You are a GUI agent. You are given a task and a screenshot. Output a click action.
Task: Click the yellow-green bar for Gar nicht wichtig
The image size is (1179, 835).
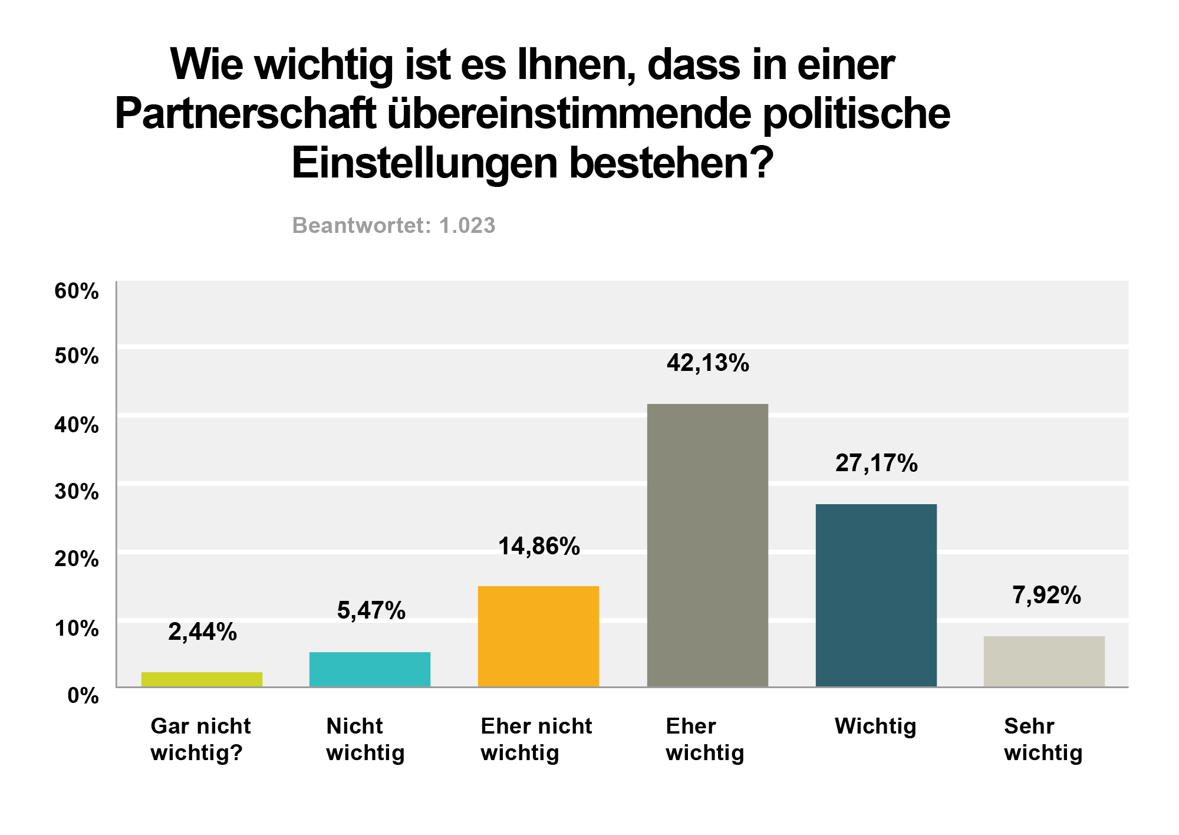(202, 679)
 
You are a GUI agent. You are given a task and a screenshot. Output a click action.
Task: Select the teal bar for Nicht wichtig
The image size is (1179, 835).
(370, 669)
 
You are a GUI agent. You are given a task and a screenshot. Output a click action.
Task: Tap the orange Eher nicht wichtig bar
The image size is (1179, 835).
(538, 636)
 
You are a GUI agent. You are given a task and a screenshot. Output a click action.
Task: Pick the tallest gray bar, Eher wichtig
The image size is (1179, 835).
(707, 545)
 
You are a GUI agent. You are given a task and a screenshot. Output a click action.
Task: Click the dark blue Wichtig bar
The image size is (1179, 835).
(876, 595)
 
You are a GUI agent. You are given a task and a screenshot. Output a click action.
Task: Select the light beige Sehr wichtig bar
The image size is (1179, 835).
(1044, 661)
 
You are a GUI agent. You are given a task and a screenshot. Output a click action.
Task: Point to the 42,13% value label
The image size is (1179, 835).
(707, 363)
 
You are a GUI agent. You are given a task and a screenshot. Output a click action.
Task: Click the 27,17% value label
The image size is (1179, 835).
(876, 463)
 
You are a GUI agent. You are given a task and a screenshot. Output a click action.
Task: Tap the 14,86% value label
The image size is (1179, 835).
(539, 547)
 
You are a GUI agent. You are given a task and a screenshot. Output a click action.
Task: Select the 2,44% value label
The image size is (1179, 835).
(202, 632)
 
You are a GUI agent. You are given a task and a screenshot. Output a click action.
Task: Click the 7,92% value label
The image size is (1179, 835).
(1046, 596)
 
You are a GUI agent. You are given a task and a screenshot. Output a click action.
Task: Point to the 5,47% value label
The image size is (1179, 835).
(371, 611)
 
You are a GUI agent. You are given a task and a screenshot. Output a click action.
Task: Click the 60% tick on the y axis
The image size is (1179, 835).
(77, 291)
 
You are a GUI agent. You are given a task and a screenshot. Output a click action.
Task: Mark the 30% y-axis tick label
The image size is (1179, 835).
(77, 492)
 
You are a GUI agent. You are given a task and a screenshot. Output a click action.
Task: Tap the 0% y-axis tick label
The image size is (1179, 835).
(83, 696)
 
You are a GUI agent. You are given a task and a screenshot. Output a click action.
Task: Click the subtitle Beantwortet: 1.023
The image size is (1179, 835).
(394, 226)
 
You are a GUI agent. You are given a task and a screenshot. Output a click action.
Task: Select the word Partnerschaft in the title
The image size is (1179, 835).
(245, 114)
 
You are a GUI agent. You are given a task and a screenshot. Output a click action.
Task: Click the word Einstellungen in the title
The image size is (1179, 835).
(424, 163)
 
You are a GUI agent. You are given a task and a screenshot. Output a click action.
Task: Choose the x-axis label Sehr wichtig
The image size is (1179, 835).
(1043, 739)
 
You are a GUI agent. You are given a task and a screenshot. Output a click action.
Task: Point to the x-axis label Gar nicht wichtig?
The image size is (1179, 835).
(200, 739)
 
